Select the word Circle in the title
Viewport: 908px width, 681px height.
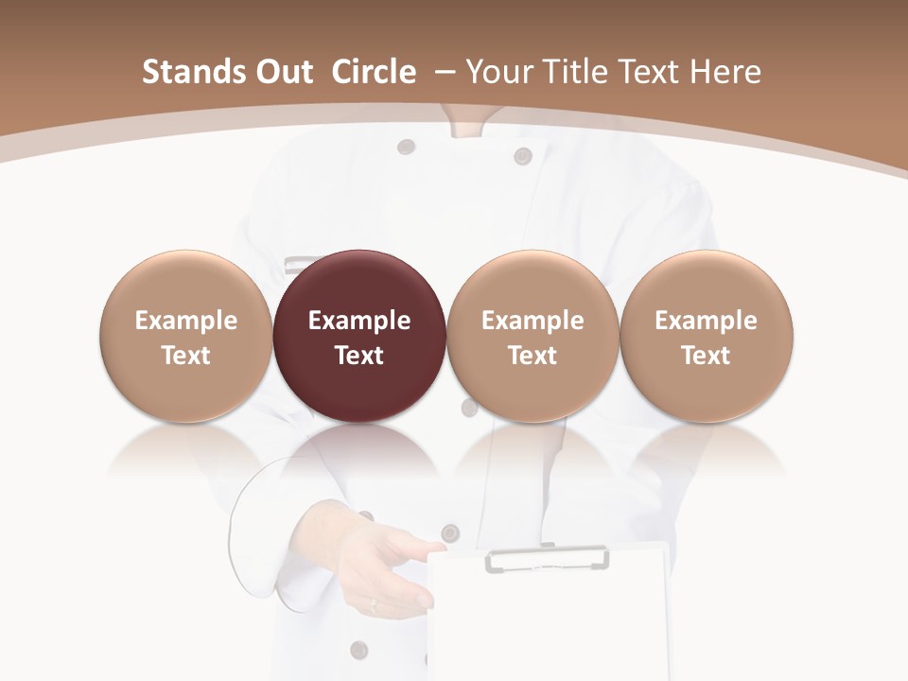coord(374,72)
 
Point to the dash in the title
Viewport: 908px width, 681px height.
coord(446,72)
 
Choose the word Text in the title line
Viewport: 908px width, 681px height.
coord(654,72)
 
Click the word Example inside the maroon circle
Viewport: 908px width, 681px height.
coord(358,321)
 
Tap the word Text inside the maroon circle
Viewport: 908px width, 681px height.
coord(358,356)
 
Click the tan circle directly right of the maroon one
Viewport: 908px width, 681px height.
coord(533,336)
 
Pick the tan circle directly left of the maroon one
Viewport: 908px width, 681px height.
coord(185,336)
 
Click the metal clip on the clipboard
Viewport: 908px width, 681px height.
coord(547,560)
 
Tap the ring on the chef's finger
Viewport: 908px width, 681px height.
coord(373,602)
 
